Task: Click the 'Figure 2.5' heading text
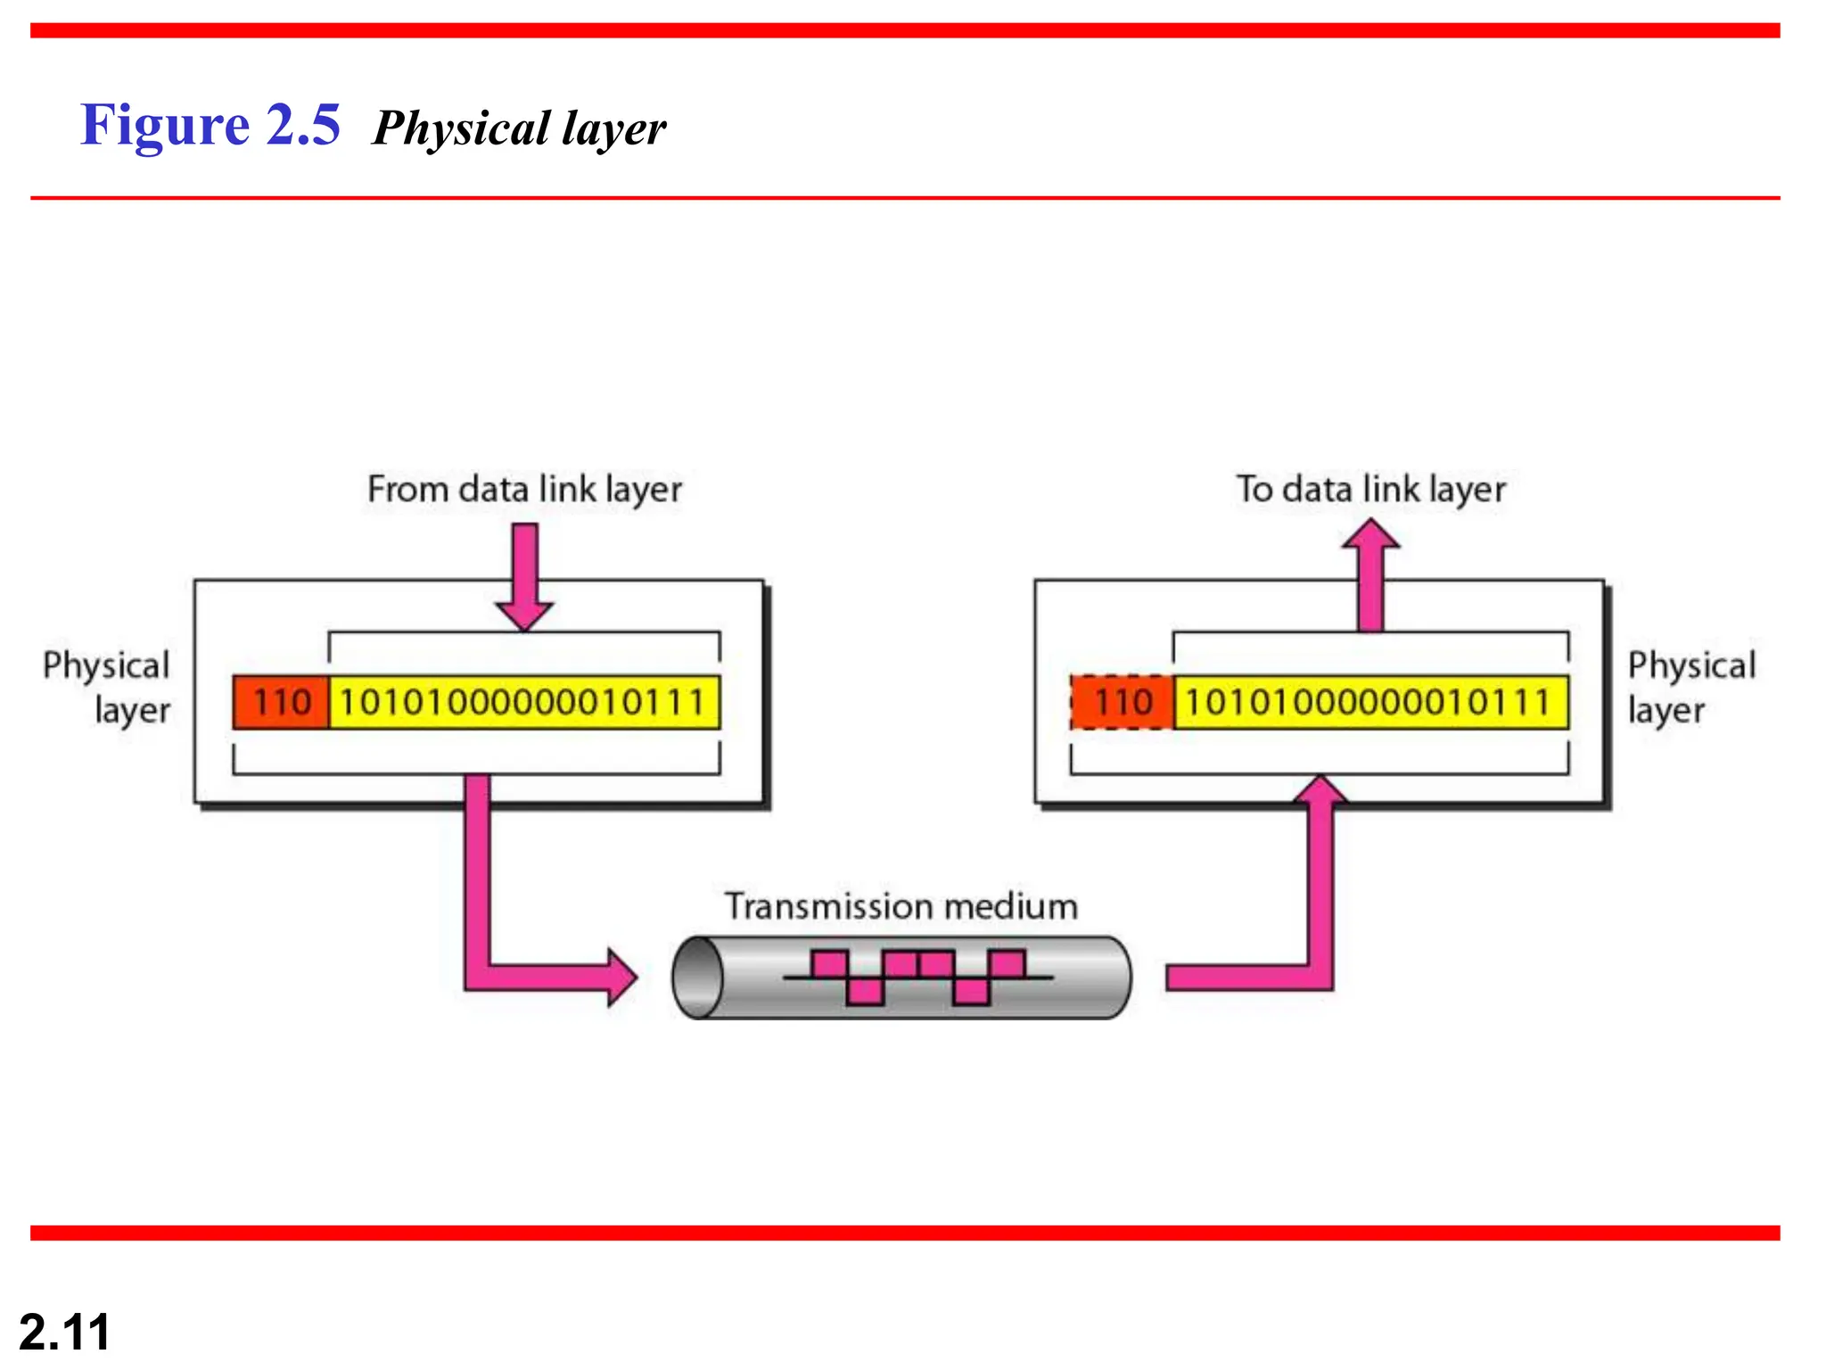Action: [x=210, y=124]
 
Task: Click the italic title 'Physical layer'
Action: [x=519, y=128]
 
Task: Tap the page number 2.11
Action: [x=64, y=1332]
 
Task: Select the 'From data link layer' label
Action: [x=524, y=490]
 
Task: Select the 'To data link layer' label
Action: [x=1370, y=490]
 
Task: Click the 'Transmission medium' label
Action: [x=901, y=906]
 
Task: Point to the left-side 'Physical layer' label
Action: [x=107, y=687]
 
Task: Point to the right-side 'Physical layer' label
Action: [x=1690, y=687]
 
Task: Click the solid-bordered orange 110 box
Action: [x=281, y=703]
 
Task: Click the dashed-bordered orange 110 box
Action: [x=1122, y=703]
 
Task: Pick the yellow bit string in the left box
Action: [x=523, y=703]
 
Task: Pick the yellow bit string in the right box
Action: [x=1369, y=703]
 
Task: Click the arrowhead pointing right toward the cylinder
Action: [x=621, y=978]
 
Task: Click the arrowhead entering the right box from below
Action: [x=1320, y=790]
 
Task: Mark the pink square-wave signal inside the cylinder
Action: [x=918, y=978]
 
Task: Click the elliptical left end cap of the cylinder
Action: [x=698, y=978]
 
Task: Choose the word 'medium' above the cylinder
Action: [x=1011, y=906]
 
